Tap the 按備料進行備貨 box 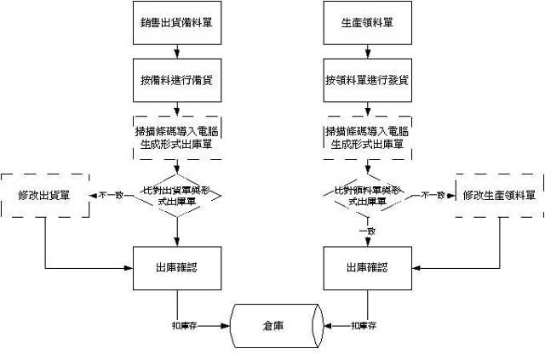click(176, 80)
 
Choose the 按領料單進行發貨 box click(367, 80)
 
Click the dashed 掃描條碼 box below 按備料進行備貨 click(176, 137)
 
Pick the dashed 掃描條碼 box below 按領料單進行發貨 click(367, 137)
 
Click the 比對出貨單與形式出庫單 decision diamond click(176, 196)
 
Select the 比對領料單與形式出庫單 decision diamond click(367, 196)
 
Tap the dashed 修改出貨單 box click(44, 195)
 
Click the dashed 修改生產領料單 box click(499, 195)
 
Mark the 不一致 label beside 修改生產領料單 click(433, 195)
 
